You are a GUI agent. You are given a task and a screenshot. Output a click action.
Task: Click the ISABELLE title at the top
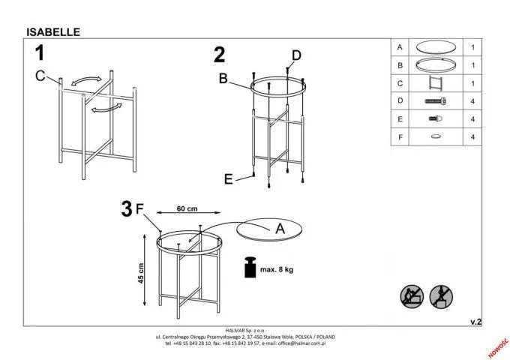click(52, 32)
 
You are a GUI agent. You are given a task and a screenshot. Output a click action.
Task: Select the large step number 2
click(219, 55)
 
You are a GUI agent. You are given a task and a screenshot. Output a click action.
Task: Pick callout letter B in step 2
click(223, 77)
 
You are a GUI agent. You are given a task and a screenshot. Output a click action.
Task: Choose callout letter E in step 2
click(228, 178)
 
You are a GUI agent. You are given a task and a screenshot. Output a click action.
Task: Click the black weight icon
click(247, 268)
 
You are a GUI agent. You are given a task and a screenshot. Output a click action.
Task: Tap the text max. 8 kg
click(277, 268)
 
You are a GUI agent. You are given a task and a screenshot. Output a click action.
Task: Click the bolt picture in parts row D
click(435, 100)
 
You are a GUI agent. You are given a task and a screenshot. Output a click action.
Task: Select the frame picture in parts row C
click(436, 82)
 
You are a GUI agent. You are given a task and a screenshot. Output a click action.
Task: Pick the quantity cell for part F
click(472, 136)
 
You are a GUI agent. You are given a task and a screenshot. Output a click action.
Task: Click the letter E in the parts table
click(400, 118)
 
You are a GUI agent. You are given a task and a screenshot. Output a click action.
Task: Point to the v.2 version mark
click(475, 321)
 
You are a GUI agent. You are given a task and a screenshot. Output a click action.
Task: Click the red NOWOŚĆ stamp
click(497, 346)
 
